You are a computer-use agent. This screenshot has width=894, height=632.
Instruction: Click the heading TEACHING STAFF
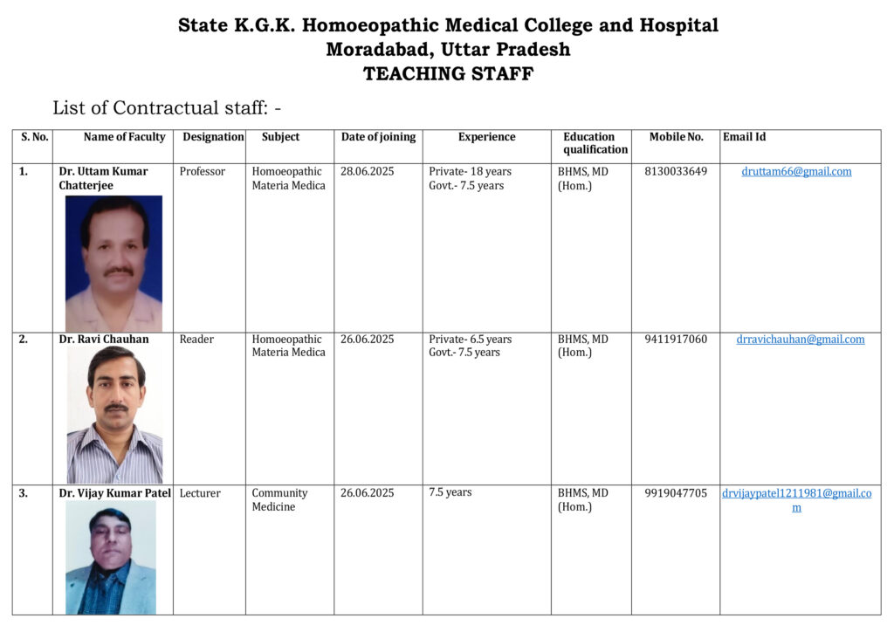448,74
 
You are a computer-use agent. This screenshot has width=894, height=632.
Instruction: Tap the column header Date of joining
378,137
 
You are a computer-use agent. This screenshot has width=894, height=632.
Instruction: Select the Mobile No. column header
676,137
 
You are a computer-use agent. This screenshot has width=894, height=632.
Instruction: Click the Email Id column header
744,137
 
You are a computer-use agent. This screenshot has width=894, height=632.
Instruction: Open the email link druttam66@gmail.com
796,172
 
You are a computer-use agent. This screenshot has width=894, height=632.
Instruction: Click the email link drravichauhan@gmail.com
801,340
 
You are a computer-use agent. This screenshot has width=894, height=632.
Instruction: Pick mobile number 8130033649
676,172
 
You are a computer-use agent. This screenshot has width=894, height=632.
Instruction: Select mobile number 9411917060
676,340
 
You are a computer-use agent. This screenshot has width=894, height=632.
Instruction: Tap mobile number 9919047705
676,493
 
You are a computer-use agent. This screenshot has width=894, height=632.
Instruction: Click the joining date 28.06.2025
367,172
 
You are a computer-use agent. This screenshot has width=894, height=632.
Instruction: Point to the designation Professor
203,172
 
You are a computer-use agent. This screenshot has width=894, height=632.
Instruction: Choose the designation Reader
196,340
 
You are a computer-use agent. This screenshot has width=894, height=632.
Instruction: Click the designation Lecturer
200,493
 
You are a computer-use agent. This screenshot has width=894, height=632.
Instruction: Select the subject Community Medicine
279,500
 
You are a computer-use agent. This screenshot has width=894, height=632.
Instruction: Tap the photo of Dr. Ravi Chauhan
114,415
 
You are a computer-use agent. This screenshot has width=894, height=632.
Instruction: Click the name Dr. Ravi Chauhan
104,340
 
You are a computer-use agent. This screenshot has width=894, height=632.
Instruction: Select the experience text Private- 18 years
470,172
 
